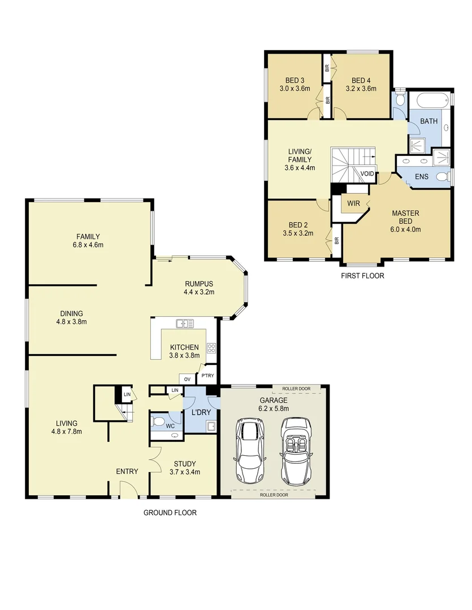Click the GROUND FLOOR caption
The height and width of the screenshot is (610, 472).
(170, 513)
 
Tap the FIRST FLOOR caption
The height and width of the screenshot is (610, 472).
(362, 276)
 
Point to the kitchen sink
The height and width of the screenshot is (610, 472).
(184, 324)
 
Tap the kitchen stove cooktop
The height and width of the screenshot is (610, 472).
(211, 348)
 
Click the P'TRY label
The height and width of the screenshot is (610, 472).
(207, 376)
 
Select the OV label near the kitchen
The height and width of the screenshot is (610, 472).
(187, 379)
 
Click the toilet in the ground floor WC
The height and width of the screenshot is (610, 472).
(160, 422)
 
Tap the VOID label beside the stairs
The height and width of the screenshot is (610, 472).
(367, 174)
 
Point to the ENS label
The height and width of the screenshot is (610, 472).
(422, 177)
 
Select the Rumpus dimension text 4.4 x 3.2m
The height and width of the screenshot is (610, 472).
(199, 292)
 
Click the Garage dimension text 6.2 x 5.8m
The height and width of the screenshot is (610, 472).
(274, 408)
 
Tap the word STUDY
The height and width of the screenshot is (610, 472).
(184, 464)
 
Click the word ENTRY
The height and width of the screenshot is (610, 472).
(127, 472)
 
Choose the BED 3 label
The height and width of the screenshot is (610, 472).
(295, 80)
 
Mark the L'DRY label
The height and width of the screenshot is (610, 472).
(201, 413)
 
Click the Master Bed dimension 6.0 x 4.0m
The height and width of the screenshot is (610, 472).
(406, 229)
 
